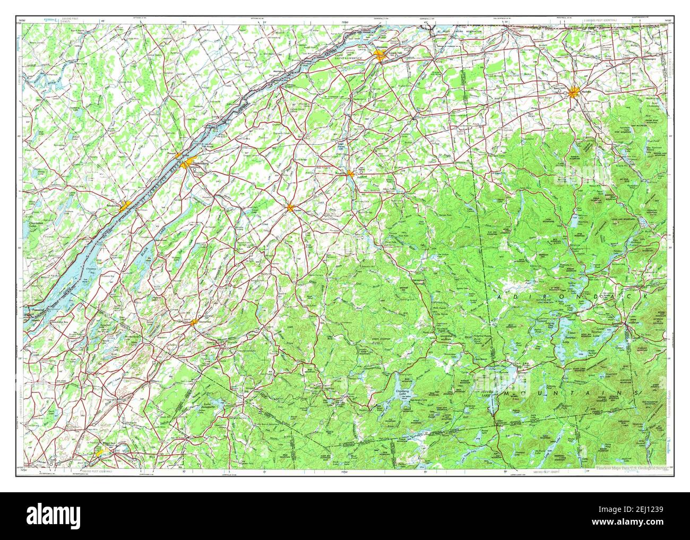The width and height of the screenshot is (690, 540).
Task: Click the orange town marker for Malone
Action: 574,93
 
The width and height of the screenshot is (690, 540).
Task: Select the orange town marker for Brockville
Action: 125,205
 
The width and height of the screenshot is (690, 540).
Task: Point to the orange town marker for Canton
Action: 290,208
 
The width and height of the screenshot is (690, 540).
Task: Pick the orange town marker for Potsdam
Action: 350,173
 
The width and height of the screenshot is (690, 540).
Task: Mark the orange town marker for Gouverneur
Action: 194,322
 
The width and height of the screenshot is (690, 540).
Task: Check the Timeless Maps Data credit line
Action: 629,468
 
